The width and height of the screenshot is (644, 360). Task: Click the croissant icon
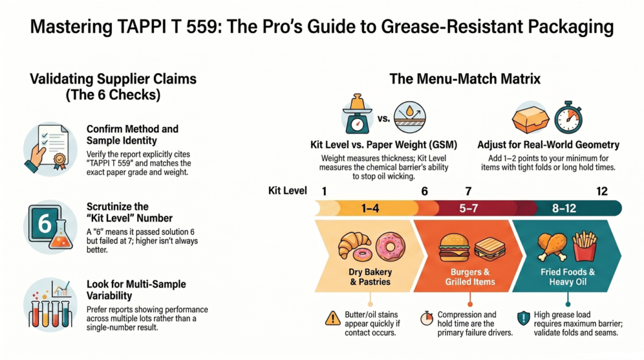pyautogui.click(x=353, y=245)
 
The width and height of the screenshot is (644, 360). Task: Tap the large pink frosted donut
pyautogui.click(x=390, y=247)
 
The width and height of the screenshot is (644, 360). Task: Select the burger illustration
pyautogui.click(x=454, y=248)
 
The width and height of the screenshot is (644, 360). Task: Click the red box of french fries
pyautogui.click(x=584, y=246)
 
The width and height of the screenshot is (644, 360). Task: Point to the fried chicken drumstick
pyautogui.click(x=552, y=247)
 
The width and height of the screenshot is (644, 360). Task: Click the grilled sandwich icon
pyautogui.click(x=489, y=249)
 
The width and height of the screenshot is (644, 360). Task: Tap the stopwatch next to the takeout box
pyautogui.click(x=569, y=118)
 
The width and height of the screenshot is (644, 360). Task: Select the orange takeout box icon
pyautogui.click(x=530, y=119)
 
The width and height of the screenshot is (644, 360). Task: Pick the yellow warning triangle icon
pyautogui.click(x=332, y=318)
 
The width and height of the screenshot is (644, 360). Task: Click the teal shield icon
pyautogui.click(x=523, y=318)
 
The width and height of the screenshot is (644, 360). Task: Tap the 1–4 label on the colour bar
pyautogui.click(x=370, y=208)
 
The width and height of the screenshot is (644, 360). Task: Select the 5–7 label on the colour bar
pyautogui.click(x=468, y=208)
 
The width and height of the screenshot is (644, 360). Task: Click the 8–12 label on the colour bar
pyautogui.click(x=564, y=208)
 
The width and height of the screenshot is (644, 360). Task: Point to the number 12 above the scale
pyautogui.click(x=602, y=191)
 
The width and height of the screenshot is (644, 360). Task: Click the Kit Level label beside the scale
pyautogui.click(x=287, y=191)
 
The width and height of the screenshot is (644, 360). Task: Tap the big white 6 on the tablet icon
pyautogui.click(x=45, y=224)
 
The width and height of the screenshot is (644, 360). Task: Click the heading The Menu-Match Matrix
pyautogui.click(x=465, y=79)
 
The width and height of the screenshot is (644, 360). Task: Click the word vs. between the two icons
pyautogui.click(x=383, y=119)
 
